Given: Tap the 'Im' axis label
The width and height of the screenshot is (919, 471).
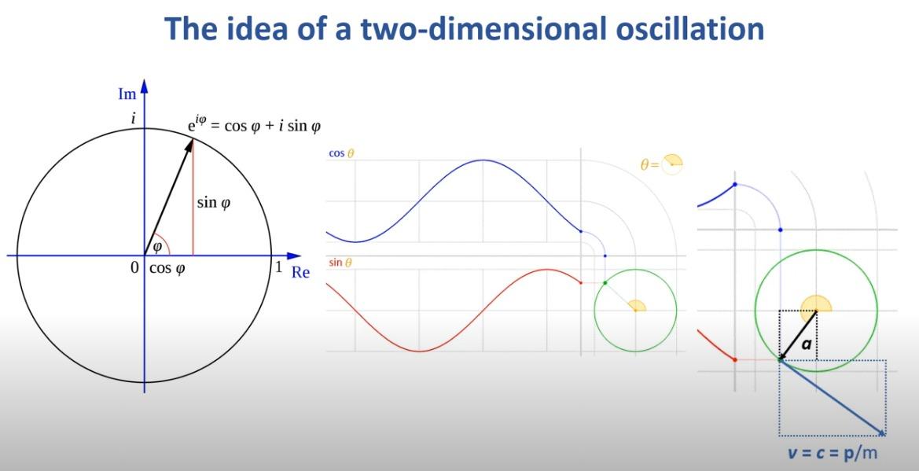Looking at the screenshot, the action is pyautogui.click(x=127, y=94).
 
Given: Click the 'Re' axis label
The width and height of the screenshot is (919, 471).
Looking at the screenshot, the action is pyautogui.click(x=300, y=273).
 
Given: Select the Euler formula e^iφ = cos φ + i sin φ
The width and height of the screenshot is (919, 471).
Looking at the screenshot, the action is pyautogui.click(x=250, y=125).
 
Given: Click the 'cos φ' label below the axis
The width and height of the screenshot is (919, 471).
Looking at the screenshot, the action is pyautogui.click(x=167, y=269).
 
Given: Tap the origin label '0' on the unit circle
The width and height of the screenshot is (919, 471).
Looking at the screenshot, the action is pyautogui.click(x=134, y=268).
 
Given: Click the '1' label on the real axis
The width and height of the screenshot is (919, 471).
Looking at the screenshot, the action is pyautogui.click(x=279, y=267).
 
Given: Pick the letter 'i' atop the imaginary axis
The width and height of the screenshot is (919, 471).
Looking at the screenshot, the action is pyautogui.click(x=134, y=119).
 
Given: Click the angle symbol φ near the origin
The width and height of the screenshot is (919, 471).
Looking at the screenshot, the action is pyautogui.click(x=156, y=247).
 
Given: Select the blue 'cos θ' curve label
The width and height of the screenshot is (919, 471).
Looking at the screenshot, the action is pyautogui.click(x=341, y=153).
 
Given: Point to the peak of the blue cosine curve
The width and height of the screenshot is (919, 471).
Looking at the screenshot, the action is pyautogui.click(x=482, y=160).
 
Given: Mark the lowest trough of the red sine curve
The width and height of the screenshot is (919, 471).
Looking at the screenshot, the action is pyautogui.click(x=420, y=351).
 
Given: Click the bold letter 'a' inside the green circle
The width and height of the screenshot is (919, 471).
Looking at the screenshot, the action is pyautogui.click(x=806, y=344).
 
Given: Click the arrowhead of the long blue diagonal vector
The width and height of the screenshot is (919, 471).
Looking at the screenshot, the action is pyautogui.click(x=881, y=432).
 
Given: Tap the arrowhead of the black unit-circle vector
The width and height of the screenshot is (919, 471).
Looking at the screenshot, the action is pyautogui.click(x=190, y=145).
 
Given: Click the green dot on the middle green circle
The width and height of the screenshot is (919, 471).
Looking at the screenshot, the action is pyautogui.click(x=605, y=283).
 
